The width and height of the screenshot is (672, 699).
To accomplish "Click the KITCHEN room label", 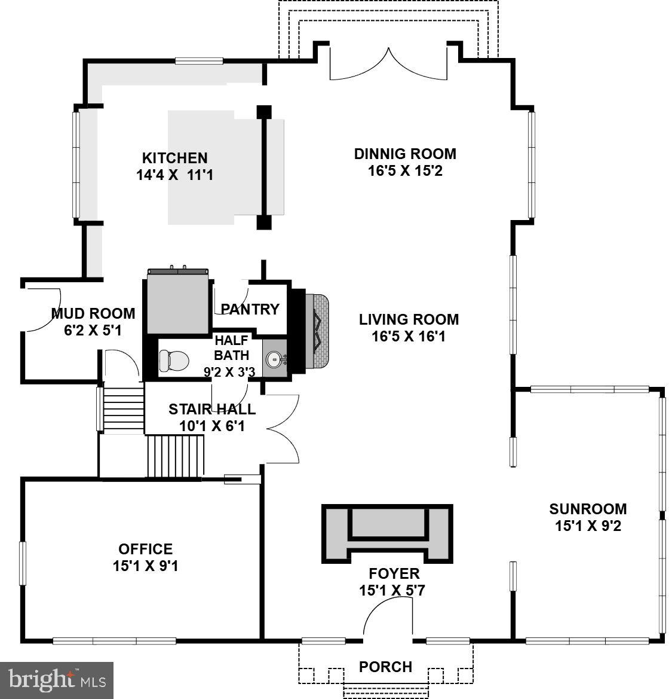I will pos(174,158).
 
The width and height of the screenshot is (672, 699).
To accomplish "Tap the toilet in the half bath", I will pos(173,360).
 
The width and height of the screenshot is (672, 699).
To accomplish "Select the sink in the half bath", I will pos(275,359).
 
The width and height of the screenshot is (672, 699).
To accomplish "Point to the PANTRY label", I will pos(250,309).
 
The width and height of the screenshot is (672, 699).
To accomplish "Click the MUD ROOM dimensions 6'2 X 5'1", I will pos(93,330).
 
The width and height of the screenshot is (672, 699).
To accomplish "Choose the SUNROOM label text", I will pos(588,509).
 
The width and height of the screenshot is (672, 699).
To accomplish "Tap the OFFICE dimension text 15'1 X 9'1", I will pos(145,566).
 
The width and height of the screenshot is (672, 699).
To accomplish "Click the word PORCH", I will pos(385,667).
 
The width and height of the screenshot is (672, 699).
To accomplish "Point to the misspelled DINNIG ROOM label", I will pos(405,154).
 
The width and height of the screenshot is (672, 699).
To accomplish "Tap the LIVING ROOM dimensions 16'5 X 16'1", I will pos(409,337).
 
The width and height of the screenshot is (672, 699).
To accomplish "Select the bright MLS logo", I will pos(57,680).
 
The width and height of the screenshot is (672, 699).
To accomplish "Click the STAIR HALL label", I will pos(211,409).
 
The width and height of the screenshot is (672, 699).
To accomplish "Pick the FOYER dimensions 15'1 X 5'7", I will pos(392,591).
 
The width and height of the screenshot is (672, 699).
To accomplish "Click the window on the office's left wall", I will pos(23,563).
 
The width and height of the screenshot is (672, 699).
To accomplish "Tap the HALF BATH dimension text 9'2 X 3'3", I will pos(229,372).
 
